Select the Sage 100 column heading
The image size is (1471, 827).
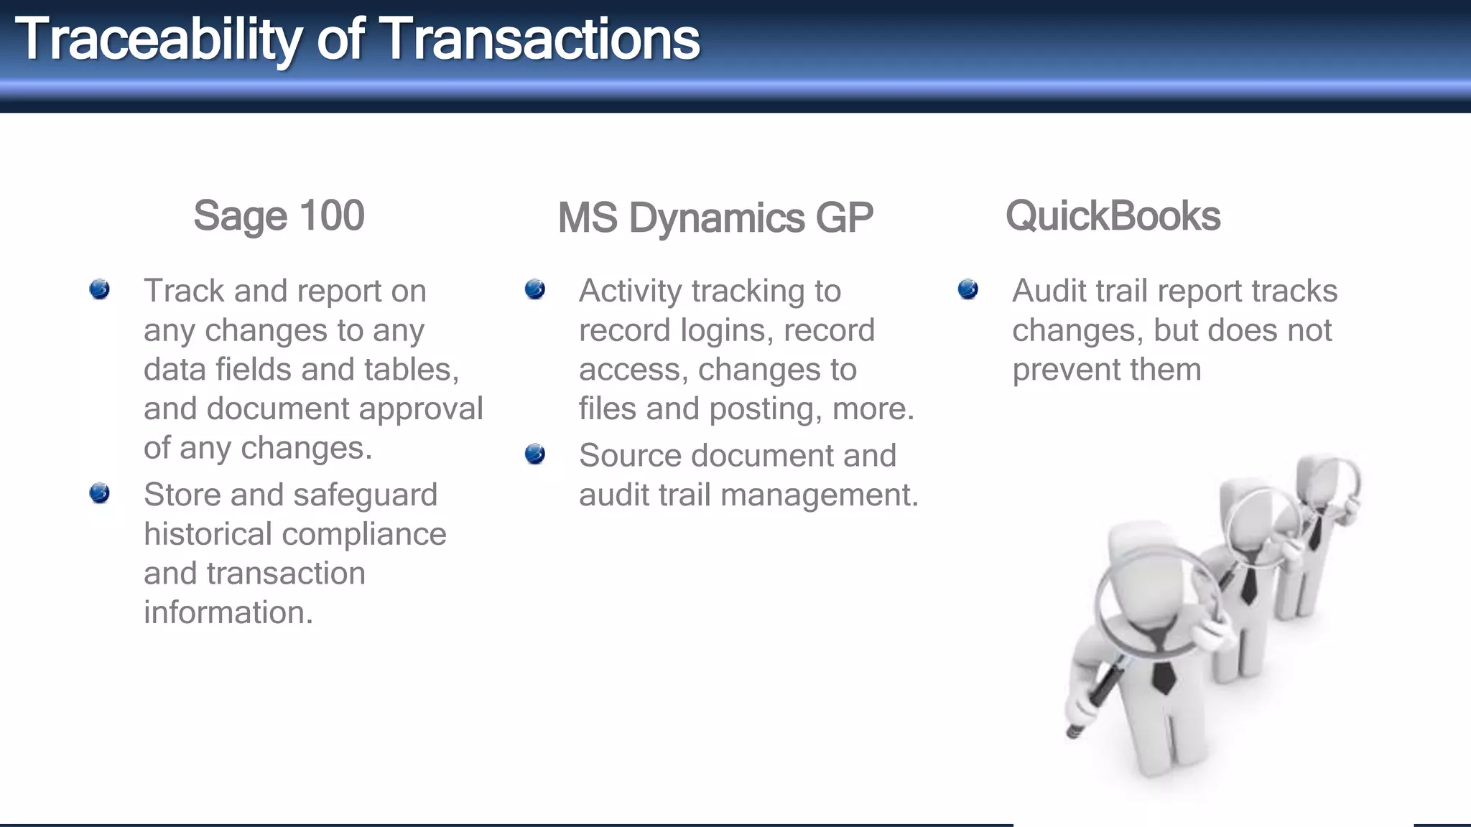[279, 215]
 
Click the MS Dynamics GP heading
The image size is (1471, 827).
[715, 218]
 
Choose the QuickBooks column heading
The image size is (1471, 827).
[1113, 215]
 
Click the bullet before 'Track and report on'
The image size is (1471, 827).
[100, 289]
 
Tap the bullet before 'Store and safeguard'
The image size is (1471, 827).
[100, 493]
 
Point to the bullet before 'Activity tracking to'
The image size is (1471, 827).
[535, 289]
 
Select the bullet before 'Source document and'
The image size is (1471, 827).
[535, 454]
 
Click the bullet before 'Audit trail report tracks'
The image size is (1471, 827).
[968, 289]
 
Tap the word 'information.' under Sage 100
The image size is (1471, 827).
[228, 613]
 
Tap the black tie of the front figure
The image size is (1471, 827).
[1164, 675]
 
